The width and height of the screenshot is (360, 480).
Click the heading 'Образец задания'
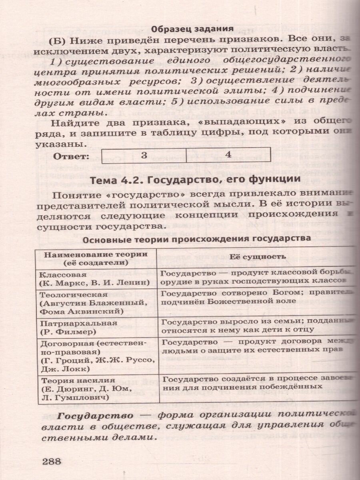[192, 28]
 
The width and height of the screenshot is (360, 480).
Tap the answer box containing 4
[228, 155]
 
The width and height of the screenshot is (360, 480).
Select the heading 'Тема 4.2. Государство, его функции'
[196, 180]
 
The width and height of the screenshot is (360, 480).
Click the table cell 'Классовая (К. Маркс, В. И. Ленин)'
[96, 279]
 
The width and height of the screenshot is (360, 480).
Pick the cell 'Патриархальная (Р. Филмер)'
[96, 327]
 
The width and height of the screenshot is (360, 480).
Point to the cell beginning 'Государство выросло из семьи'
[256, 325]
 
